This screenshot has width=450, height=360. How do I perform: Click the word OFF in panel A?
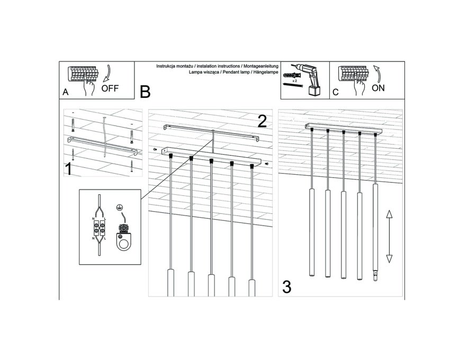pyautogui.click(x=110, y=88)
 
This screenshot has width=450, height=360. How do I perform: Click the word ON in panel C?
pyautogui.click(x=378, y=88)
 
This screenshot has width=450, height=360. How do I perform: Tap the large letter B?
pyautogui.click(x=145, y=92)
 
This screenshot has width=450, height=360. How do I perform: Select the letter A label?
pyautogui.click(x=66, y=92)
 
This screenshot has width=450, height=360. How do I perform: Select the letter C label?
pyautogui.click(x=336, y=92)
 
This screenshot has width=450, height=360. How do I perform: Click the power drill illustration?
pyautogui.click(x=309, y=79)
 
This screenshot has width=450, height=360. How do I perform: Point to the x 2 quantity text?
pyautogui.click(x=294, y=81)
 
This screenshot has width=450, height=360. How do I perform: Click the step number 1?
pyautogui.click(x=68, y=169)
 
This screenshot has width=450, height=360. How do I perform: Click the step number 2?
pyautogui.click(x=262, y=121)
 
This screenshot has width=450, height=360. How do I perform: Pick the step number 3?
pyautogui.click(x=287, y=287)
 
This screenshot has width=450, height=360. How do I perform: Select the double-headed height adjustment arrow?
pyautogui.click(x=389, y=236)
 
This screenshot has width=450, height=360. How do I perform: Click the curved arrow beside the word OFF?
pyautogui.click(x=107, y=74)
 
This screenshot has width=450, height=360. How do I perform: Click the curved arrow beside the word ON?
pyautogui.click(x=377, y=74)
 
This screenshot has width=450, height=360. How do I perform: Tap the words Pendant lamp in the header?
pyautogui.click(x=234, y=72)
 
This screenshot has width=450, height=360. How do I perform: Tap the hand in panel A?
pyautogui.click(x=89, y=86)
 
